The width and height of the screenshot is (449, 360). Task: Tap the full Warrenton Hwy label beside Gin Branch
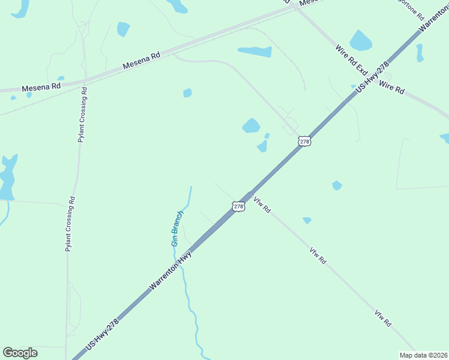click(x=170, y=271)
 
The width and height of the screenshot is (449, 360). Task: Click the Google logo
click(x=20, y=353)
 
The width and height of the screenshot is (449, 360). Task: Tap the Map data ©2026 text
click(x=424, y=355)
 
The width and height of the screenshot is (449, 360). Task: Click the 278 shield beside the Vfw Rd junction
click(x=239, y=206)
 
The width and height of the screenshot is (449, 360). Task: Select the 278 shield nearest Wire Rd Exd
click(x=305, y=142)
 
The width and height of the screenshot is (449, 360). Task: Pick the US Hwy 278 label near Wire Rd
click(x=373, y=77)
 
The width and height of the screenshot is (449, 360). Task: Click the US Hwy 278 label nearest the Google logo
click(x=103, y=335)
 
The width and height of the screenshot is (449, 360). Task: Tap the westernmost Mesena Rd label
click(x=41, y=87)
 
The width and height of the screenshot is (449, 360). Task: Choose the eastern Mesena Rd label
click(x=142, y=60)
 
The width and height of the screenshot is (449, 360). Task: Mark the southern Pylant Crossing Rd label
click(x=70, y=224)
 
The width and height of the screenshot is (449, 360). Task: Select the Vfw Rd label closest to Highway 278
click(x=262, y=205)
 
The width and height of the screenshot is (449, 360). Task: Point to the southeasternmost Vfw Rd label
click(x=383, y=318)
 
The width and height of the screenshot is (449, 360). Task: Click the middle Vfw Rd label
click(x=318, y=256)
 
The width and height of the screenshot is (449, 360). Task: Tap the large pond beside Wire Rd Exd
click(x=360, y=41)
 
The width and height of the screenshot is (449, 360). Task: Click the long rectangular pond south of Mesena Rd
click(x=255, y=52)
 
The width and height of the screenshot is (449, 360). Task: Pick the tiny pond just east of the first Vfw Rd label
click(x=307, y=221)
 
